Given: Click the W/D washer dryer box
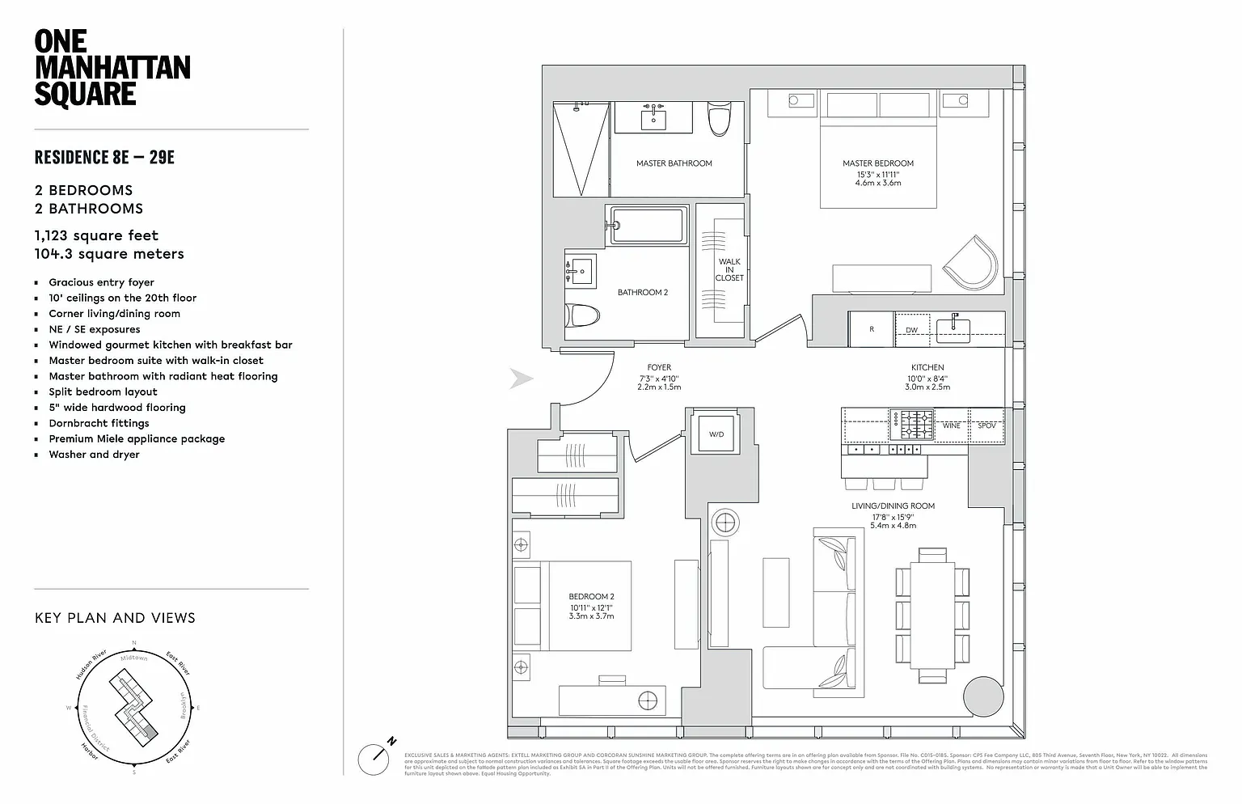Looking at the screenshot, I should pos(716,434).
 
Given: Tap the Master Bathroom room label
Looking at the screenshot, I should pos(674,163).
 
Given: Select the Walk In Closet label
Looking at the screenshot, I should pos(729,269).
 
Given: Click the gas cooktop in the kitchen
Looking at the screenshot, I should pos(911,424).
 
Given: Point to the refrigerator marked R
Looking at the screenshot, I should pos(872,329).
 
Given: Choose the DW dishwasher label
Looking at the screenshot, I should pos(911,330).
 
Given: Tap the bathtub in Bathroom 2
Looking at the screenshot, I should pos(648,224).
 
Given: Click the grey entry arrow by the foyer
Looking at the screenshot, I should pos(522,379).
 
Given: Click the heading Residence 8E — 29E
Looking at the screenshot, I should pos(104,157).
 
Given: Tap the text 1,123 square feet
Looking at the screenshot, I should pos(96,235).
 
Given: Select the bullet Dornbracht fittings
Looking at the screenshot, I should pos(99,423).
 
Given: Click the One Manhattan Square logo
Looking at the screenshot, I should pos(112,68).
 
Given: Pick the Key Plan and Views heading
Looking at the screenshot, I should pos(115,618).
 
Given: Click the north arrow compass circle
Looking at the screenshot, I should pos(375,758).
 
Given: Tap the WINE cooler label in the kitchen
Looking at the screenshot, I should pos(951,425).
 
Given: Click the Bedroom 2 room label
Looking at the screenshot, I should pos(590,597).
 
